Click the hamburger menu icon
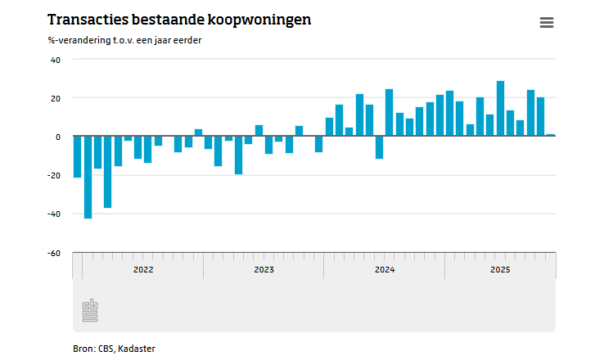547,22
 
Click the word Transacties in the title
88,20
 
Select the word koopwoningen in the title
259,20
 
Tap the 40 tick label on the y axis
56,60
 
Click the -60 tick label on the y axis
54,254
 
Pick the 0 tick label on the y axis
58,137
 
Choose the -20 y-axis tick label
54,176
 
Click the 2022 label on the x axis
143,269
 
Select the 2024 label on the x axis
385,269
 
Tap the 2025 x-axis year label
500,269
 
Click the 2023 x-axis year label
264,269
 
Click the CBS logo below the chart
90,310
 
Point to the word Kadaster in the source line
137,349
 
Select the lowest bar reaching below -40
88,177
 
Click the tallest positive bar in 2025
500,108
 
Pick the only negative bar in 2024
380,147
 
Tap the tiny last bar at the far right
551,135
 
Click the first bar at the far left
78,157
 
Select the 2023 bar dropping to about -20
238,155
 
